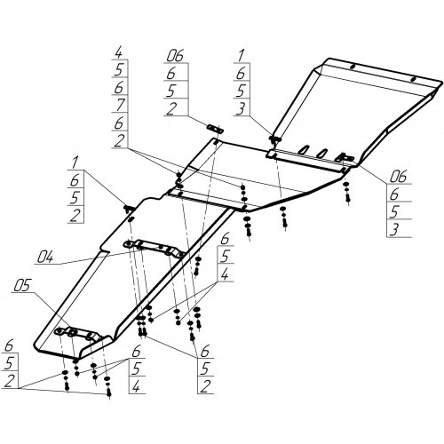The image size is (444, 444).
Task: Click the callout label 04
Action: [45, 257]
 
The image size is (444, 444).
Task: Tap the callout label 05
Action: [22, 286]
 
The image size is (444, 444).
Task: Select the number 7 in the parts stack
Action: [120, 105]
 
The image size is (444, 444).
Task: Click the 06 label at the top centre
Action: [175, 56]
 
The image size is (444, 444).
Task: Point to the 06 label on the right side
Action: [398, 177]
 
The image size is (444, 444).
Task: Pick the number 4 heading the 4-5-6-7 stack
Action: [119, 53]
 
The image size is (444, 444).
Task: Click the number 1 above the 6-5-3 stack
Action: [242, 56]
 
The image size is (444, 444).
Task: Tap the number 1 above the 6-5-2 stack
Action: [75, 163]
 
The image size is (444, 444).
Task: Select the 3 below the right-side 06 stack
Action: [394, 229]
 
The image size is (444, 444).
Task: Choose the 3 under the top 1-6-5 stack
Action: [241, 108]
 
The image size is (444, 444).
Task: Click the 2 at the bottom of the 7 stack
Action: [119, 141]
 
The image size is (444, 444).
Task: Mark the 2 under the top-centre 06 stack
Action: [171, 108]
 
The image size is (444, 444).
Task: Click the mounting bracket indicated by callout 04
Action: [155, 249]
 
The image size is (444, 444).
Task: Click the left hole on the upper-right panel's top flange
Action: [353, 67]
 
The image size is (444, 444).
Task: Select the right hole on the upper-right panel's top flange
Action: [414, 79]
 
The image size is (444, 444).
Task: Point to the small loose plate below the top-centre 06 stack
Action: [215, 129]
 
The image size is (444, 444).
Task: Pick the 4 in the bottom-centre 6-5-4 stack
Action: [136, 386]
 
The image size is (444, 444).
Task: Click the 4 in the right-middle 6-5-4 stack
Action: [225, 274]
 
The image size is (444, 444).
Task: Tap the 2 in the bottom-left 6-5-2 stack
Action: [10, 381]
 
